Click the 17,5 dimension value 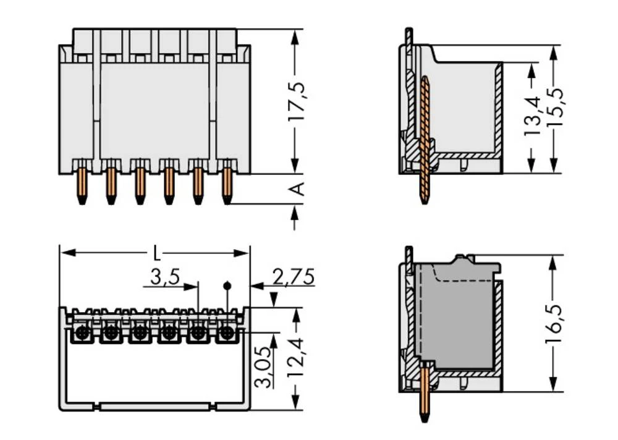297,101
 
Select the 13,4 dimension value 531,116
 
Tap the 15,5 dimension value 554,107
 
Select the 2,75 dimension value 293,277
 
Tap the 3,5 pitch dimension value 164,277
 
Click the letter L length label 156,253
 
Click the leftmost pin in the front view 82,184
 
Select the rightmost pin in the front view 227,184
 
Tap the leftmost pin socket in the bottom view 81,334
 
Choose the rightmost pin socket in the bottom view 227,334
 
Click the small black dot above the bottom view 227,286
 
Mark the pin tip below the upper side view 424,199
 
